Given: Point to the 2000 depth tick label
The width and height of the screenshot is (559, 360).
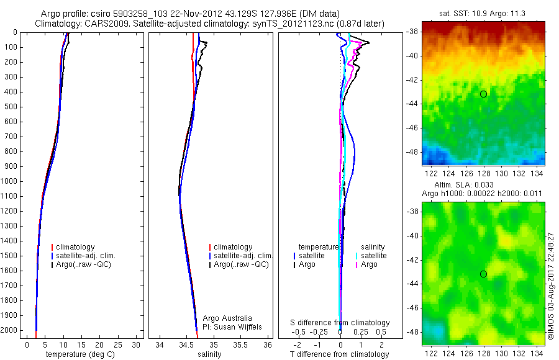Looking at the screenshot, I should (x=9, y=330).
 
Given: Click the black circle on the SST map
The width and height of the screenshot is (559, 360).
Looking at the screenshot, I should (x=483, y=94).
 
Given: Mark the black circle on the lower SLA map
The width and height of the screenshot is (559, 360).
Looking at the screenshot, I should (x=483, y=274).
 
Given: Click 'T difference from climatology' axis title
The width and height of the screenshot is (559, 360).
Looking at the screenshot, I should (x=340, y=354).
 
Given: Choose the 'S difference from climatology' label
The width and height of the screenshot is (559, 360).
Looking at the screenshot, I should (x=340, y=323).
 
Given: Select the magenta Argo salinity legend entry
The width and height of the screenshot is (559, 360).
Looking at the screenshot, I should (x=369, y=264).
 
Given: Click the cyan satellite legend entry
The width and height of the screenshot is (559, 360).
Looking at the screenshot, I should (x=373, y=256).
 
